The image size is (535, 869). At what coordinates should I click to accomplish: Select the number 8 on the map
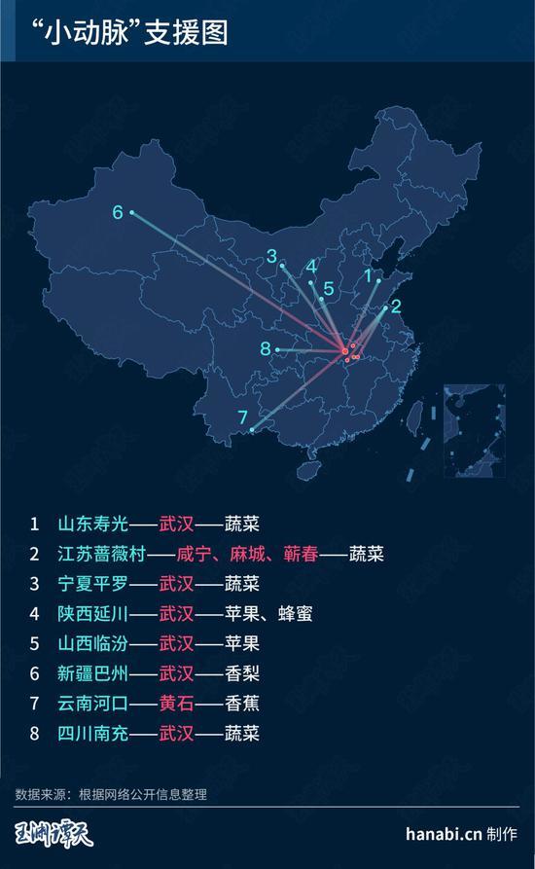(x=265, y=348)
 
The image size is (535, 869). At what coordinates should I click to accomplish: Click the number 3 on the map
(x=271, y=256)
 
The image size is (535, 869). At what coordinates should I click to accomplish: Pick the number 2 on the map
(x=396, y=305)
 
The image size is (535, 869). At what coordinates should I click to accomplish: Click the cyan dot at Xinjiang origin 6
(x=132, y=213)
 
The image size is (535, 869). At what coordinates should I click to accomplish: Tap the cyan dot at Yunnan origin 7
(x=252, y=430)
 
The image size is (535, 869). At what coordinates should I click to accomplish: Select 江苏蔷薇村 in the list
(x=102, y=554)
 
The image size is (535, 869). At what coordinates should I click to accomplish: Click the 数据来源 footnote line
(x=111, y=794)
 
